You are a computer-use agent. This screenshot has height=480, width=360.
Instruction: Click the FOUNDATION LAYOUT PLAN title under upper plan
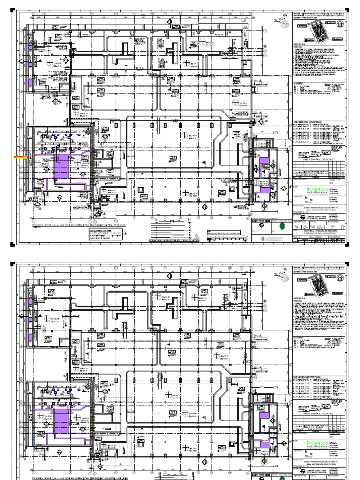77,224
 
